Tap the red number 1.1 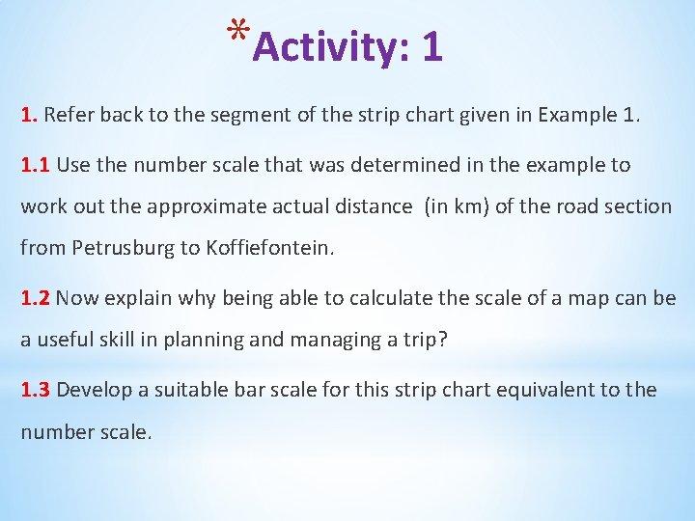(x=36, y=165)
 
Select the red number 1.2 (x=36, y=298)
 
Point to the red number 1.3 (x=36, y=390)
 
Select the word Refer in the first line (x=67, y=116)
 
